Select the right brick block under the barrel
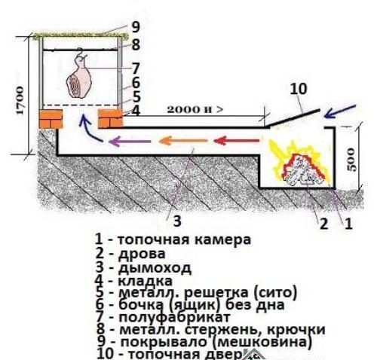tap(110, 119)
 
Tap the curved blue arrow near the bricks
tap(90, 136)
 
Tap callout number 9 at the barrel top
tap(135, 26)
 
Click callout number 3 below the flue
tap(177, 221)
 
